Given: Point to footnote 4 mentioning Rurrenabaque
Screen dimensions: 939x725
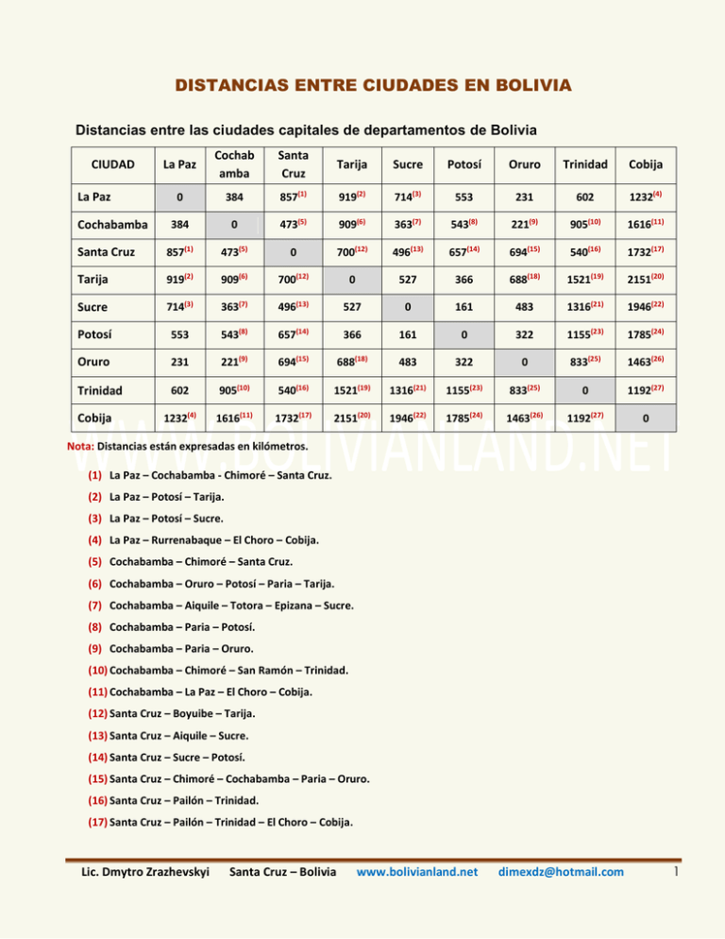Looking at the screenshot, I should pyautogui.click(x=213, y=540).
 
